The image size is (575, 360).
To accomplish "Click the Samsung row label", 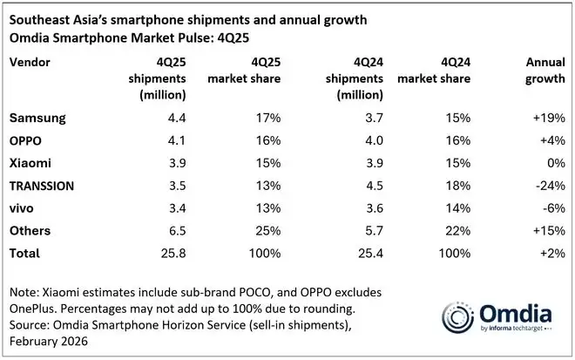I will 36,116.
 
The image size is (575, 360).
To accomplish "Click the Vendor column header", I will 29,63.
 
